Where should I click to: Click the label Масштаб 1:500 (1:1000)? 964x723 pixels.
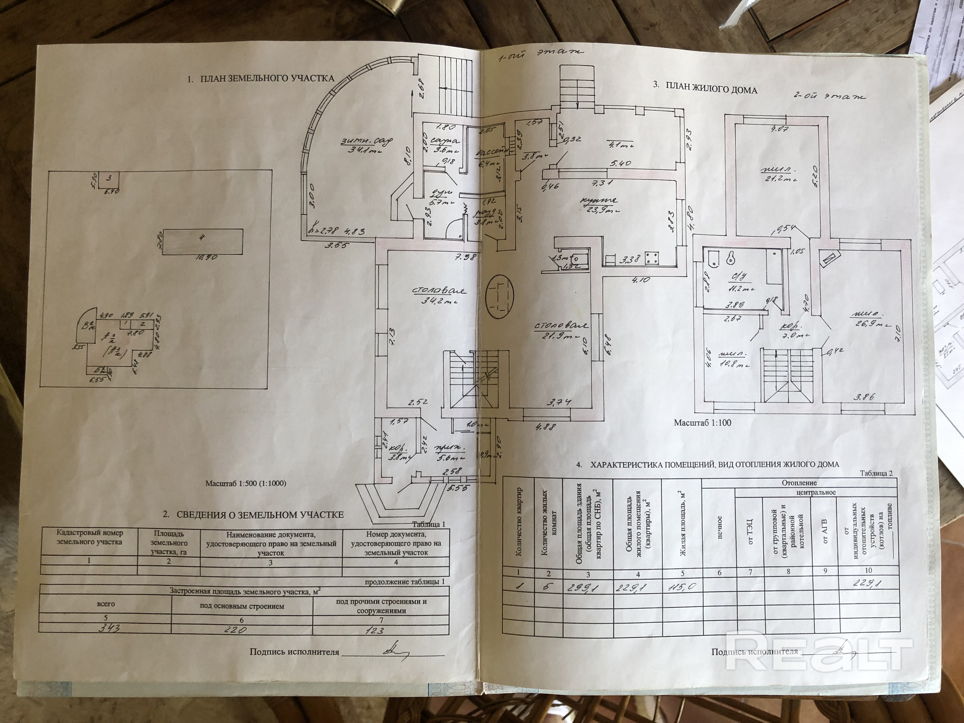[x=246, y=483]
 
